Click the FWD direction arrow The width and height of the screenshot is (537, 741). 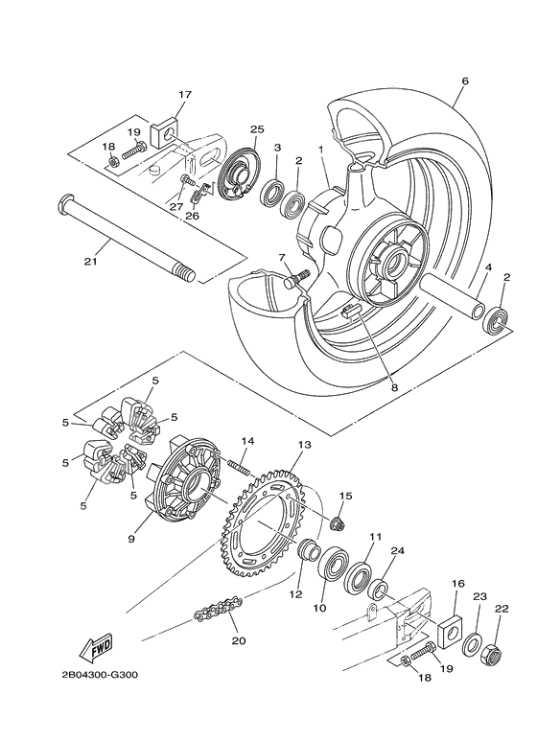click(98, 650)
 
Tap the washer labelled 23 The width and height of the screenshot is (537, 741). click(473, 644)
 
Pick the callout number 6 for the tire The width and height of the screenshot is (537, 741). click(464, 81)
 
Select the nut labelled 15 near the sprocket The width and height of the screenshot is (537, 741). click(339, 522)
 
